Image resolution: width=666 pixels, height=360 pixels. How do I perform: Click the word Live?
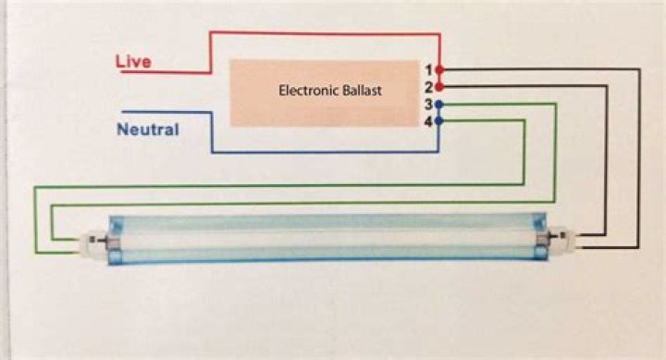pyautogui.click(x=133, y=62)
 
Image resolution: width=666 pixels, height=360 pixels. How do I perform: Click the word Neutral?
pyautogui.click(x=148, y=130)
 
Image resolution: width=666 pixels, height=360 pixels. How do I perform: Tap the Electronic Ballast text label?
pyautogui.click(x=330, y=90)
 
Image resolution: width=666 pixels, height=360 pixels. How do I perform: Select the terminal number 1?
pyautogui.click(x=428, y=70)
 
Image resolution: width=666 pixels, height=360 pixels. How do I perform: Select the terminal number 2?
pyautogui.click(x=428, y=88)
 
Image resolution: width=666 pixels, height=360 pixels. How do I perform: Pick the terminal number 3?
pyautogui.click(x=428, y=105)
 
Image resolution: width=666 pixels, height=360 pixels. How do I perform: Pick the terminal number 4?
pyautogui.click(x=428, y=122)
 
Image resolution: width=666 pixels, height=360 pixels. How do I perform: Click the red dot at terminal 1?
pyautogui.click(x=439, y=69)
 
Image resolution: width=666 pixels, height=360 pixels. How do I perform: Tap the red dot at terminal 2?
pyautogui.click(x=439, y=87)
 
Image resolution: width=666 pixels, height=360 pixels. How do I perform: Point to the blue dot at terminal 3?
pyautogui.click(x=439, y=105)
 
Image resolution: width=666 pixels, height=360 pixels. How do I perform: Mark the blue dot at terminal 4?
pyautogui.click(x=439, y=121)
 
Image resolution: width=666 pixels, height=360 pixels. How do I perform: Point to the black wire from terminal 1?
pyautogui.click(x=638, y=158)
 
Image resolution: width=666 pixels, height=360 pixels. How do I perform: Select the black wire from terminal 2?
pyautogui.click(x=606, y=161)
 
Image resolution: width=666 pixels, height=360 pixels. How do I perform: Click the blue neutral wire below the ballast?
pyautogui.click(x=325, y=152)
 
